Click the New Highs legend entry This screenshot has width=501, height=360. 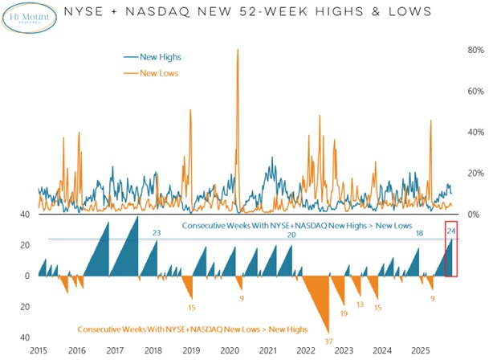click(x=153, y=57)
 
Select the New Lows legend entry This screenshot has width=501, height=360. click(x=152, y=73)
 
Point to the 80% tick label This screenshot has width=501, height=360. click(x=475, y=50)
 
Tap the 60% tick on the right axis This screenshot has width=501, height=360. click(x=475, y=91)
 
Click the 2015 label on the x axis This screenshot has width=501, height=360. click(x=38, y=351)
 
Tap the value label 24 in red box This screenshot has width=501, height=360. click(x=451, y=231)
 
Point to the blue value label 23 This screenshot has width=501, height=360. click(x=157, y=233)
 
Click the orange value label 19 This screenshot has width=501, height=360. click(x=343, y=313)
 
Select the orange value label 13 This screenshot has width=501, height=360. click(x=360, y=305)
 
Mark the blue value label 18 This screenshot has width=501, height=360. click(x=419, y=233)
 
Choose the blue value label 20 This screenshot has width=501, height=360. click(x=291, y=234)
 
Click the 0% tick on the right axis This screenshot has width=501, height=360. click(x=475, y=215)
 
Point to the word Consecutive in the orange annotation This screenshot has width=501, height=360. click(x=104, y=329)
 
